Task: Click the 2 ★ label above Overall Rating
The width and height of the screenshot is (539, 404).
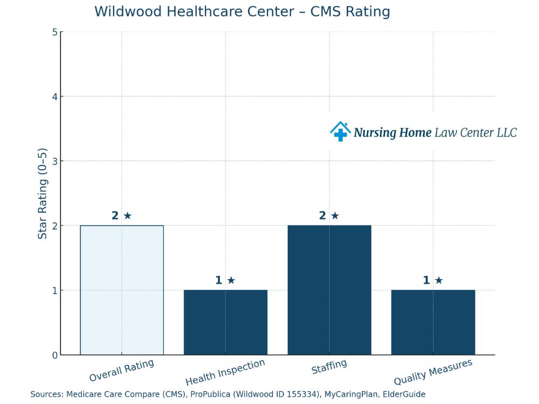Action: [x=122, y=215]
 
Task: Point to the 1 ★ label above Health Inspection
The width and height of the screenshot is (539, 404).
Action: [x=225, y=280]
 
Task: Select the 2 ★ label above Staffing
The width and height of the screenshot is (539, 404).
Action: [x=329, y=215]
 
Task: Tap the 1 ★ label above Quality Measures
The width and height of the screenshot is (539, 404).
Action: [x=433, y=280]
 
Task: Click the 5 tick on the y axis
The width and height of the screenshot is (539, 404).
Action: [x=54, y=32]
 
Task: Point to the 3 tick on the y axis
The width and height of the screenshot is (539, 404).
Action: [x=54, y=161]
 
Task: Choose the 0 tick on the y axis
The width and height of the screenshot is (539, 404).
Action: [x=54, y=355]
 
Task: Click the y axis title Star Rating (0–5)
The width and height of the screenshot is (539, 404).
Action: [x=43, y=193]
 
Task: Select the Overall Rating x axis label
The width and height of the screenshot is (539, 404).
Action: [x=122, y=371]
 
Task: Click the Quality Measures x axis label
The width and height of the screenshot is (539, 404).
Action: [x=433, y=372]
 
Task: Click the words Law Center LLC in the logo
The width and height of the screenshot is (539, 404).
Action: [x=475, y=133]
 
